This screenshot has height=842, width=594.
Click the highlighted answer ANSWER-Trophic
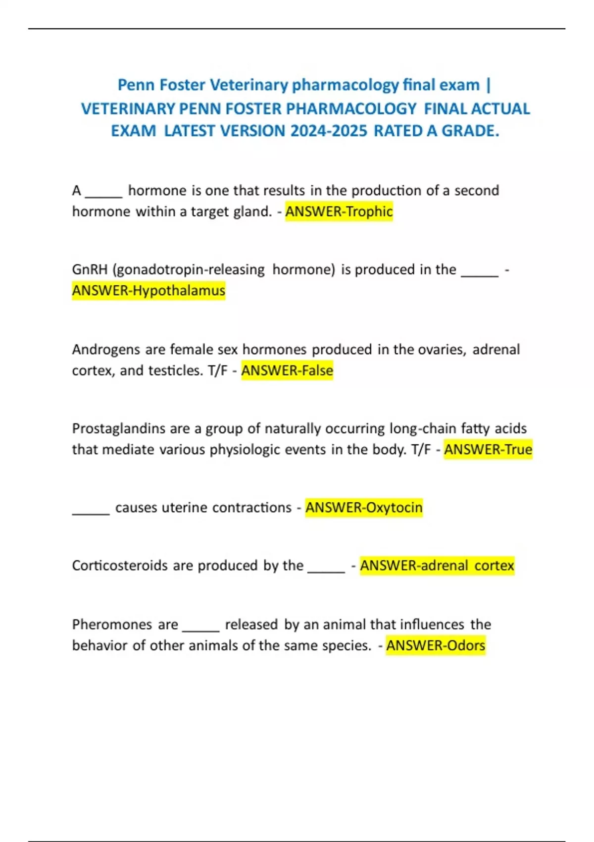(339, 211)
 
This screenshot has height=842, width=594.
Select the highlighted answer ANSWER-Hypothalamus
(148, 290)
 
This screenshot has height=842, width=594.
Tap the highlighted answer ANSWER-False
(287, 370)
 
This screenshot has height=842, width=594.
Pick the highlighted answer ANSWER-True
(488, 450)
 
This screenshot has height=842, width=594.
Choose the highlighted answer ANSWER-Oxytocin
(364, 508)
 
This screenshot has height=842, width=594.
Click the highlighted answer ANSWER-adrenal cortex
(437, 566)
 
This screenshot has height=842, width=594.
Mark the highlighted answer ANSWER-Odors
(436, 646)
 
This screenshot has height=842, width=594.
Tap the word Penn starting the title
(134, 85)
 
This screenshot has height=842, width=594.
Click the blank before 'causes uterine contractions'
(91, 510)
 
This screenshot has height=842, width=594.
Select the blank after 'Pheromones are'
(200, 627)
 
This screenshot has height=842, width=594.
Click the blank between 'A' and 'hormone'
(103, 193)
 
